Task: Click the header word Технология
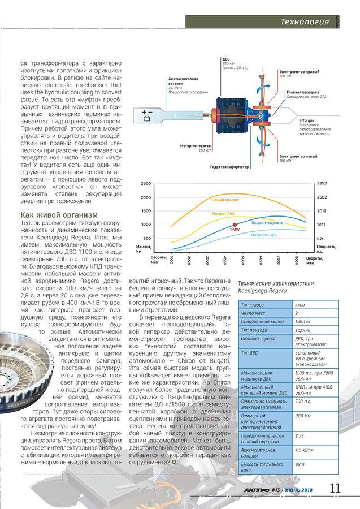point(305,22)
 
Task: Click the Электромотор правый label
point(300,72)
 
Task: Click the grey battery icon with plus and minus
point(148,116)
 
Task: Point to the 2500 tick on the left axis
point(146,184)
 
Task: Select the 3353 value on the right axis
point(322,184)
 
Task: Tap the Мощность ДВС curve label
point(264,234)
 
